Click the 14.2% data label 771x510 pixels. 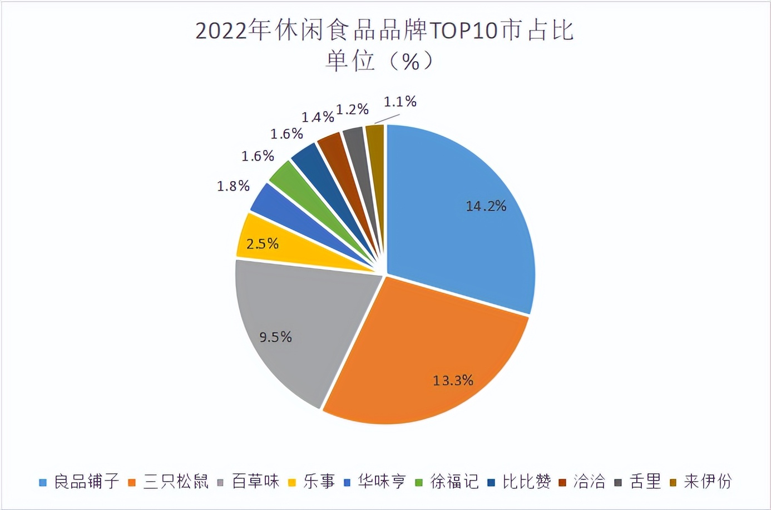click(486, 206)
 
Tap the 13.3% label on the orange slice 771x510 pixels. click(453, 381)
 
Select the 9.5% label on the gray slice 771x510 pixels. click(275, 337)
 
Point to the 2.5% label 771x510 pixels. click(262, 243)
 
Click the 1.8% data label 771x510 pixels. click(233, 186)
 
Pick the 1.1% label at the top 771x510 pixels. click(400, 102)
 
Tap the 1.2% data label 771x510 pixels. click(352, 109)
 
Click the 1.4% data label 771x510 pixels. click(318, 117)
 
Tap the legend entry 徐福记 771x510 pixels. click(454, 481)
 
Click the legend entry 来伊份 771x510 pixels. click(707, 481)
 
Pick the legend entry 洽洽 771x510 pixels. click(589, 481)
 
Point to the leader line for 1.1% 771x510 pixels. click(387, 119)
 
